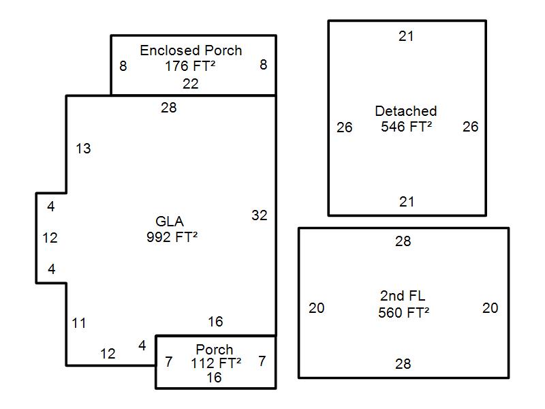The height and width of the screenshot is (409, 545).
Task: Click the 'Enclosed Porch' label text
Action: click(191, 50)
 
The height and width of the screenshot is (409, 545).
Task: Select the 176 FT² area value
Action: click(190, 66)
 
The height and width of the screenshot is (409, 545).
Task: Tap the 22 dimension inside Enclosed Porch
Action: click(191, 84)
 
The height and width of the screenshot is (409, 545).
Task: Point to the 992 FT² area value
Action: click(172, 237)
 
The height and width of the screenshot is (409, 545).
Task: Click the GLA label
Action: click(170, 222)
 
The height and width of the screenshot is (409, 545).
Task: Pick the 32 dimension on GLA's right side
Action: click(260, 215)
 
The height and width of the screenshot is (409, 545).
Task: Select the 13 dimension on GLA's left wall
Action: click(83, 149)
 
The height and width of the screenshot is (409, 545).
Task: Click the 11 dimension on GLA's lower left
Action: click(79, 323)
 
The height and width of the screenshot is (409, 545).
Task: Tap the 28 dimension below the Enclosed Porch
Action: click(168, 108)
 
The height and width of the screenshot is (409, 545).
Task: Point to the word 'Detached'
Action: click(406, 111)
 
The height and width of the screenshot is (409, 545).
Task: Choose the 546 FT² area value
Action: click(406, 127)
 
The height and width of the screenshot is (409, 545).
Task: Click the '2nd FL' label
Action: click(403, 296)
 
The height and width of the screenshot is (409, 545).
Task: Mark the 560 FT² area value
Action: click(403, 313)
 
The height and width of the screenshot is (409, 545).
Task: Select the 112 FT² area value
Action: click(216, 363)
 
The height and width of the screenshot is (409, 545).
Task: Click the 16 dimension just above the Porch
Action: click(215, 322)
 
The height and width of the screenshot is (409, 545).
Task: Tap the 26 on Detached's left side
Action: click(345, 127)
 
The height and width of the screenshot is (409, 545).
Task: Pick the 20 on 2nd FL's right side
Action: click(490, 308)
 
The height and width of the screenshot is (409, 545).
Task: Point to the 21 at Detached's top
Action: click(406, 36)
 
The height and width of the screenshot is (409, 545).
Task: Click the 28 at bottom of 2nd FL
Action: click(403, 364)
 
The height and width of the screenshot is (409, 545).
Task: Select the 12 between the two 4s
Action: click(50, 238)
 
